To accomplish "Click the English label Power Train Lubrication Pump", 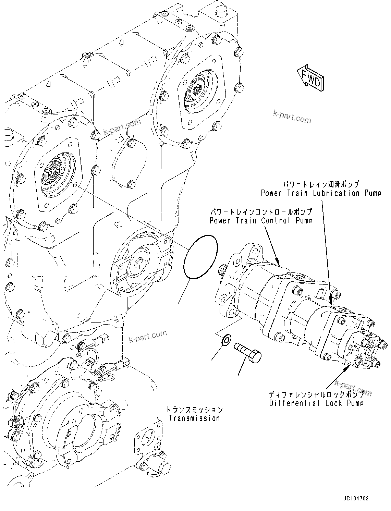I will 321,193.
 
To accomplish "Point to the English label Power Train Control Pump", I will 261,220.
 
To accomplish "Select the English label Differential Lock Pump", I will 316,403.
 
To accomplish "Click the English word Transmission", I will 194,418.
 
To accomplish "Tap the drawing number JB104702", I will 355,499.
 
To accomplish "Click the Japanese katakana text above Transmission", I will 194,409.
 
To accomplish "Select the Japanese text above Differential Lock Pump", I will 316,394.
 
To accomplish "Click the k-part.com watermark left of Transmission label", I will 148,337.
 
